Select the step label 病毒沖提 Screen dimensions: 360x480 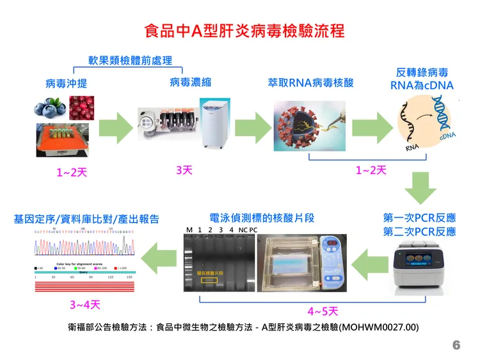(66, 84)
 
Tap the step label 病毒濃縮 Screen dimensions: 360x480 (190, 82)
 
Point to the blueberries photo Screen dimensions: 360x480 (50, 107)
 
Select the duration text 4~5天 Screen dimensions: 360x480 (323, 311)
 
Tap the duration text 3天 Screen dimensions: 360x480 (184, 170)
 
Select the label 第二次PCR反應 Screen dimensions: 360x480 (419, 231)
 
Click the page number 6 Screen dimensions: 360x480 (456, 345)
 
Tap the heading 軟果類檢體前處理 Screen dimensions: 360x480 (130, 61)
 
